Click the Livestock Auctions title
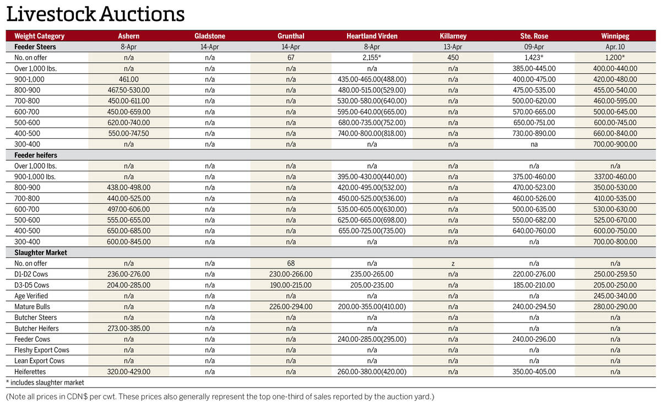coord(95,14)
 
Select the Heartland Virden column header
coord(372,36)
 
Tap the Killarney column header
coord(453,36)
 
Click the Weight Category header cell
coord(39,36)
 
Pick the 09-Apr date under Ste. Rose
coord(534,47)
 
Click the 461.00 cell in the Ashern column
coord(128,80)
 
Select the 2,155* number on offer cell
coord(372,58)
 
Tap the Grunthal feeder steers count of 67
coord(291,58)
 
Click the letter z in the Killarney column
coord(453,263)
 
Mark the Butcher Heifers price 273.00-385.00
coord(128,328)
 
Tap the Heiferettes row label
coord(30,371)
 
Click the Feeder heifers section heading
coord(36,155)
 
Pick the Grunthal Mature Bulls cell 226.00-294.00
coord(291,307)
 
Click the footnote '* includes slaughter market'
coord(45,383)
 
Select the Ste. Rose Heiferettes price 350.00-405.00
coord(534,371)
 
